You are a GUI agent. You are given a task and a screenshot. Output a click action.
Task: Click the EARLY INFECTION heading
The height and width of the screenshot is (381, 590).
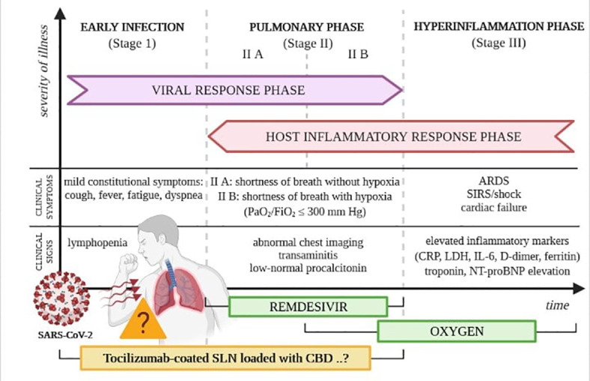point(132,27)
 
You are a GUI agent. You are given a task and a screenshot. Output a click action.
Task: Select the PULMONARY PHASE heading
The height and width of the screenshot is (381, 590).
point(306,27)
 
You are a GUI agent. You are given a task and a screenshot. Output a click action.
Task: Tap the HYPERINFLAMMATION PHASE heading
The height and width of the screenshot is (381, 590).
point(498,27)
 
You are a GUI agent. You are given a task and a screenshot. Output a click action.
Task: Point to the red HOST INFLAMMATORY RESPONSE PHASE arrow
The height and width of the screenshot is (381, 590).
point(392,136)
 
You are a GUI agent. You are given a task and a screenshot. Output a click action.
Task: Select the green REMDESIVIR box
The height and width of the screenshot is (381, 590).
point(308,306)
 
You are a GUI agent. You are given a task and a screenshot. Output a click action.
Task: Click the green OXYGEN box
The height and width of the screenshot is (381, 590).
point(456,331)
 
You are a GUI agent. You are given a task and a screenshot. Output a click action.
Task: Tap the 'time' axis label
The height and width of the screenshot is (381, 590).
point(556,305)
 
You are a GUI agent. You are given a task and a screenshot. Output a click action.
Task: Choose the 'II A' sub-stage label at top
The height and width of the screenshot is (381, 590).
point(252,55)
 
